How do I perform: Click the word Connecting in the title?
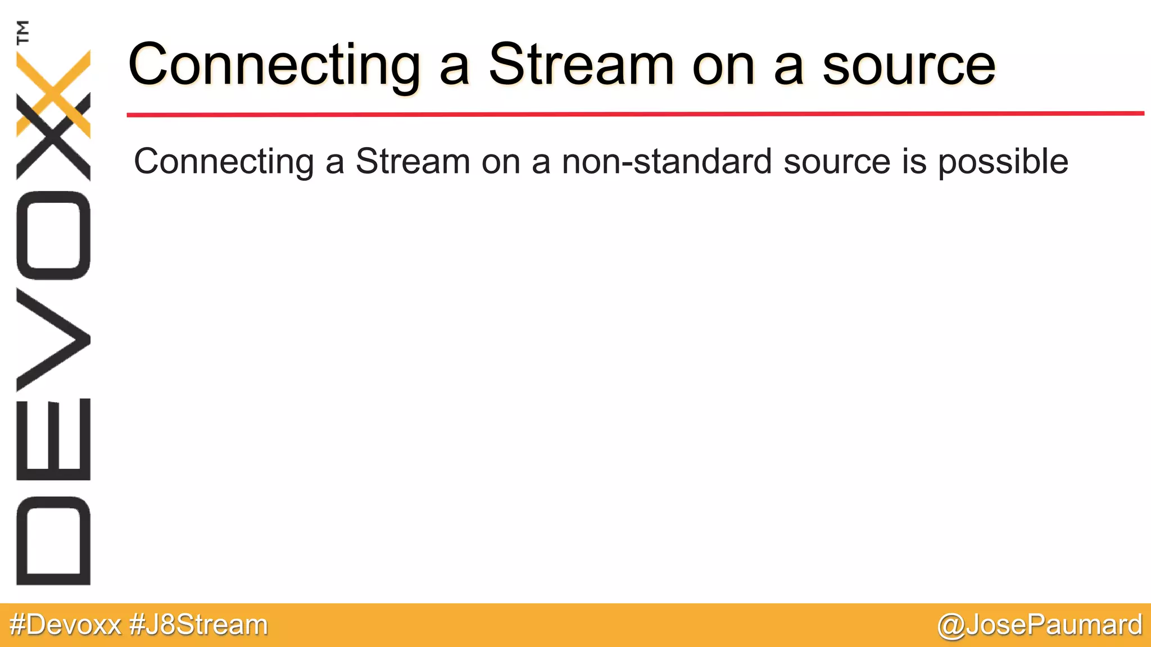[274, 66]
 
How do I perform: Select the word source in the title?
[909, 66]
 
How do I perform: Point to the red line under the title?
[635, 114]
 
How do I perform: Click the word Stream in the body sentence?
[413, 162]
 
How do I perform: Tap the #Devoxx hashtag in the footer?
[65, 625]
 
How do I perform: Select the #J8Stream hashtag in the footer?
[198, 625]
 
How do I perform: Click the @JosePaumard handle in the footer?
[1040, 625]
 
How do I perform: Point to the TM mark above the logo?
[23, 32]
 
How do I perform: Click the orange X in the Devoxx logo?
[53, 93]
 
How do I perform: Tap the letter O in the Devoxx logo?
[53, 235]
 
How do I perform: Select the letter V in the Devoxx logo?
[53, 340]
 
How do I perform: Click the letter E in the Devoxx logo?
[53, 439]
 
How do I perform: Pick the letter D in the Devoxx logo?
[53, 540]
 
